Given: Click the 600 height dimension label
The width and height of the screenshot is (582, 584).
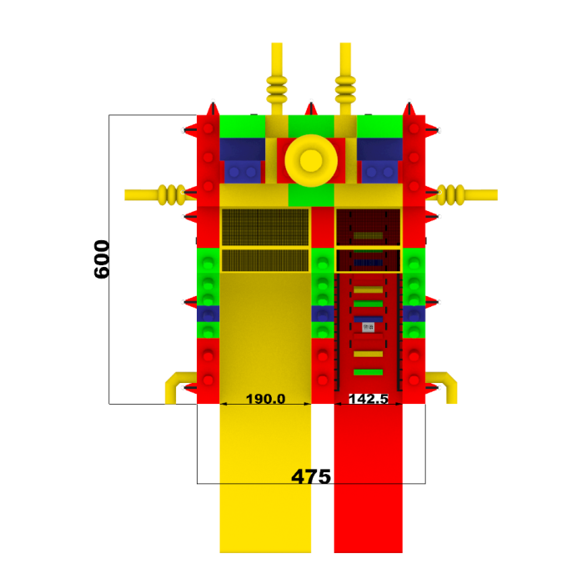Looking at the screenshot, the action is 102,259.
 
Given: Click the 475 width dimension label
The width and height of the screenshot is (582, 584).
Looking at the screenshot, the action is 311,476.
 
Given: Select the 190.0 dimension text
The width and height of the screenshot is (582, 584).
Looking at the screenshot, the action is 265,399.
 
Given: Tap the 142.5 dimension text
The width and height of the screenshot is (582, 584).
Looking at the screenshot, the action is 369,399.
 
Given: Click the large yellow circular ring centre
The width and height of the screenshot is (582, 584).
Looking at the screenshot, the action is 311,160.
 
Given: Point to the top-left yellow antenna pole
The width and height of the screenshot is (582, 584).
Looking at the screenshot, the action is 277,79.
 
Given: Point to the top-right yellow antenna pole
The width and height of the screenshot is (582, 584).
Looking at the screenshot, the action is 345,79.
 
